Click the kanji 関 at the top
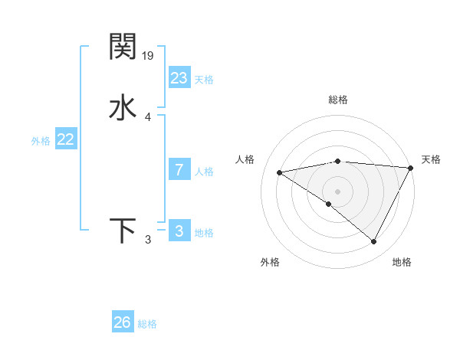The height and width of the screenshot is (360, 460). [x=123, y=47]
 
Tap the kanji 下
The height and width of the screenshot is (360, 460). [x=123, y=231]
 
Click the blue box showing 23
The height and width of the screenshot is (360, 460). [x=179, y=78]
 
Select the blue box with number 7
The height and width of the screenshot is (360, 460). [x=179, y=170]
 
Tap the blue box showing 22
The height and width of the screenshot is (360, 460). [x=66, y=139]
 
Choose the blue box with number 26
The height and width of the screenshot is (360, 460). [x=123, y=322]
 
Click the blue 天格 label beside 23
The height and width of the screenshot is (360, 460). [x=204, y=80]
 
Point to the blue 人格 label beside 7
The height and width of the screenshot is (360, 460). [x=204, y=172]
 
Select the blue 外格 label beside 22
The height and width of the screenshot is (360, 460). [x=41, y=141]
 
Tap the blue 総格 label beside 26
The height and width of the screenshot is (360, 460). [x=147, y=324]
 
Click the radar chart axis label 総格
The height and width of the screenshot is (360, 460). [x=338, y=100]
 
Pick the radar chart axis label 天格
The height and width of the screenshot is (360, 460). [x=431, y=159]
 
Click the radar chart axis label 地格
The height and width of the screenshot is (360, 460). [x=402, y=262]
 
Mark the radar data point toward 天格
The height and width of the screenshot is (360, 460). [x=412, y=168]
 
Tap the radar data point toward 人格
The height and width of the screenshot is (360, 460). [x=280, y=172]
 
